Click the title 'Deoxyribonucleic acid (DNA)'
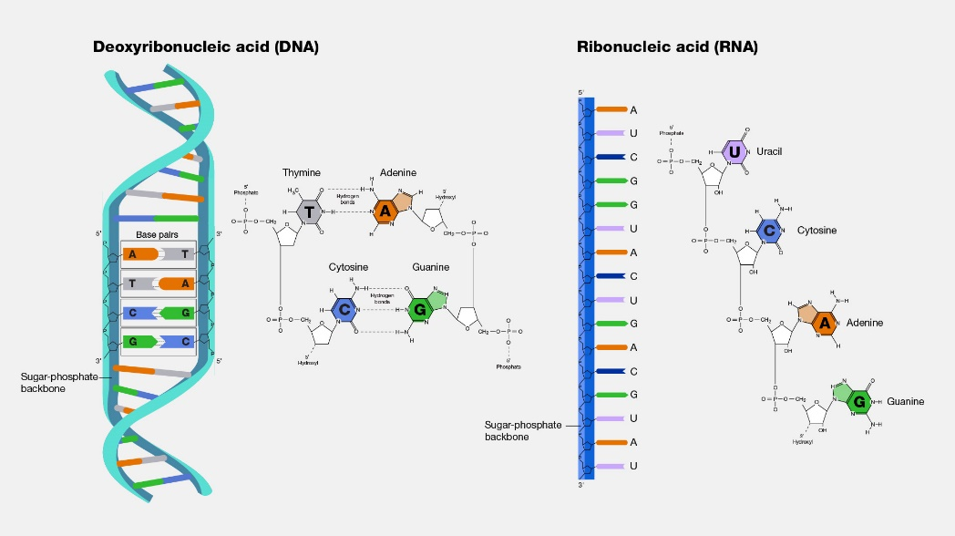click(206, 47)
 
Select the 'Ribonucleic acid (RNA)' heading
click(667, 47)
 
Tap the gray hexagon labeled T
click(310, 211)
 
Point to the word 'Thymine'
click(301, 172)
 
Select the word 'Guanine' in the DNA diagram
click(430, 267)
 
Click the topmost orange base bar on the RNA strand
click(610, 110)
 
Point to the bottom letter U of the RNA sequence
click(633, 466)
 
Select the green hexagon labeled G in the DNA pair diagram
click(420, 310)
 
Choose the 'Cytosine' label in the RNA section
click(816, 231)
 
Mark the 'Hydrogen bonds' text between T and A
click(347, 198)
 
